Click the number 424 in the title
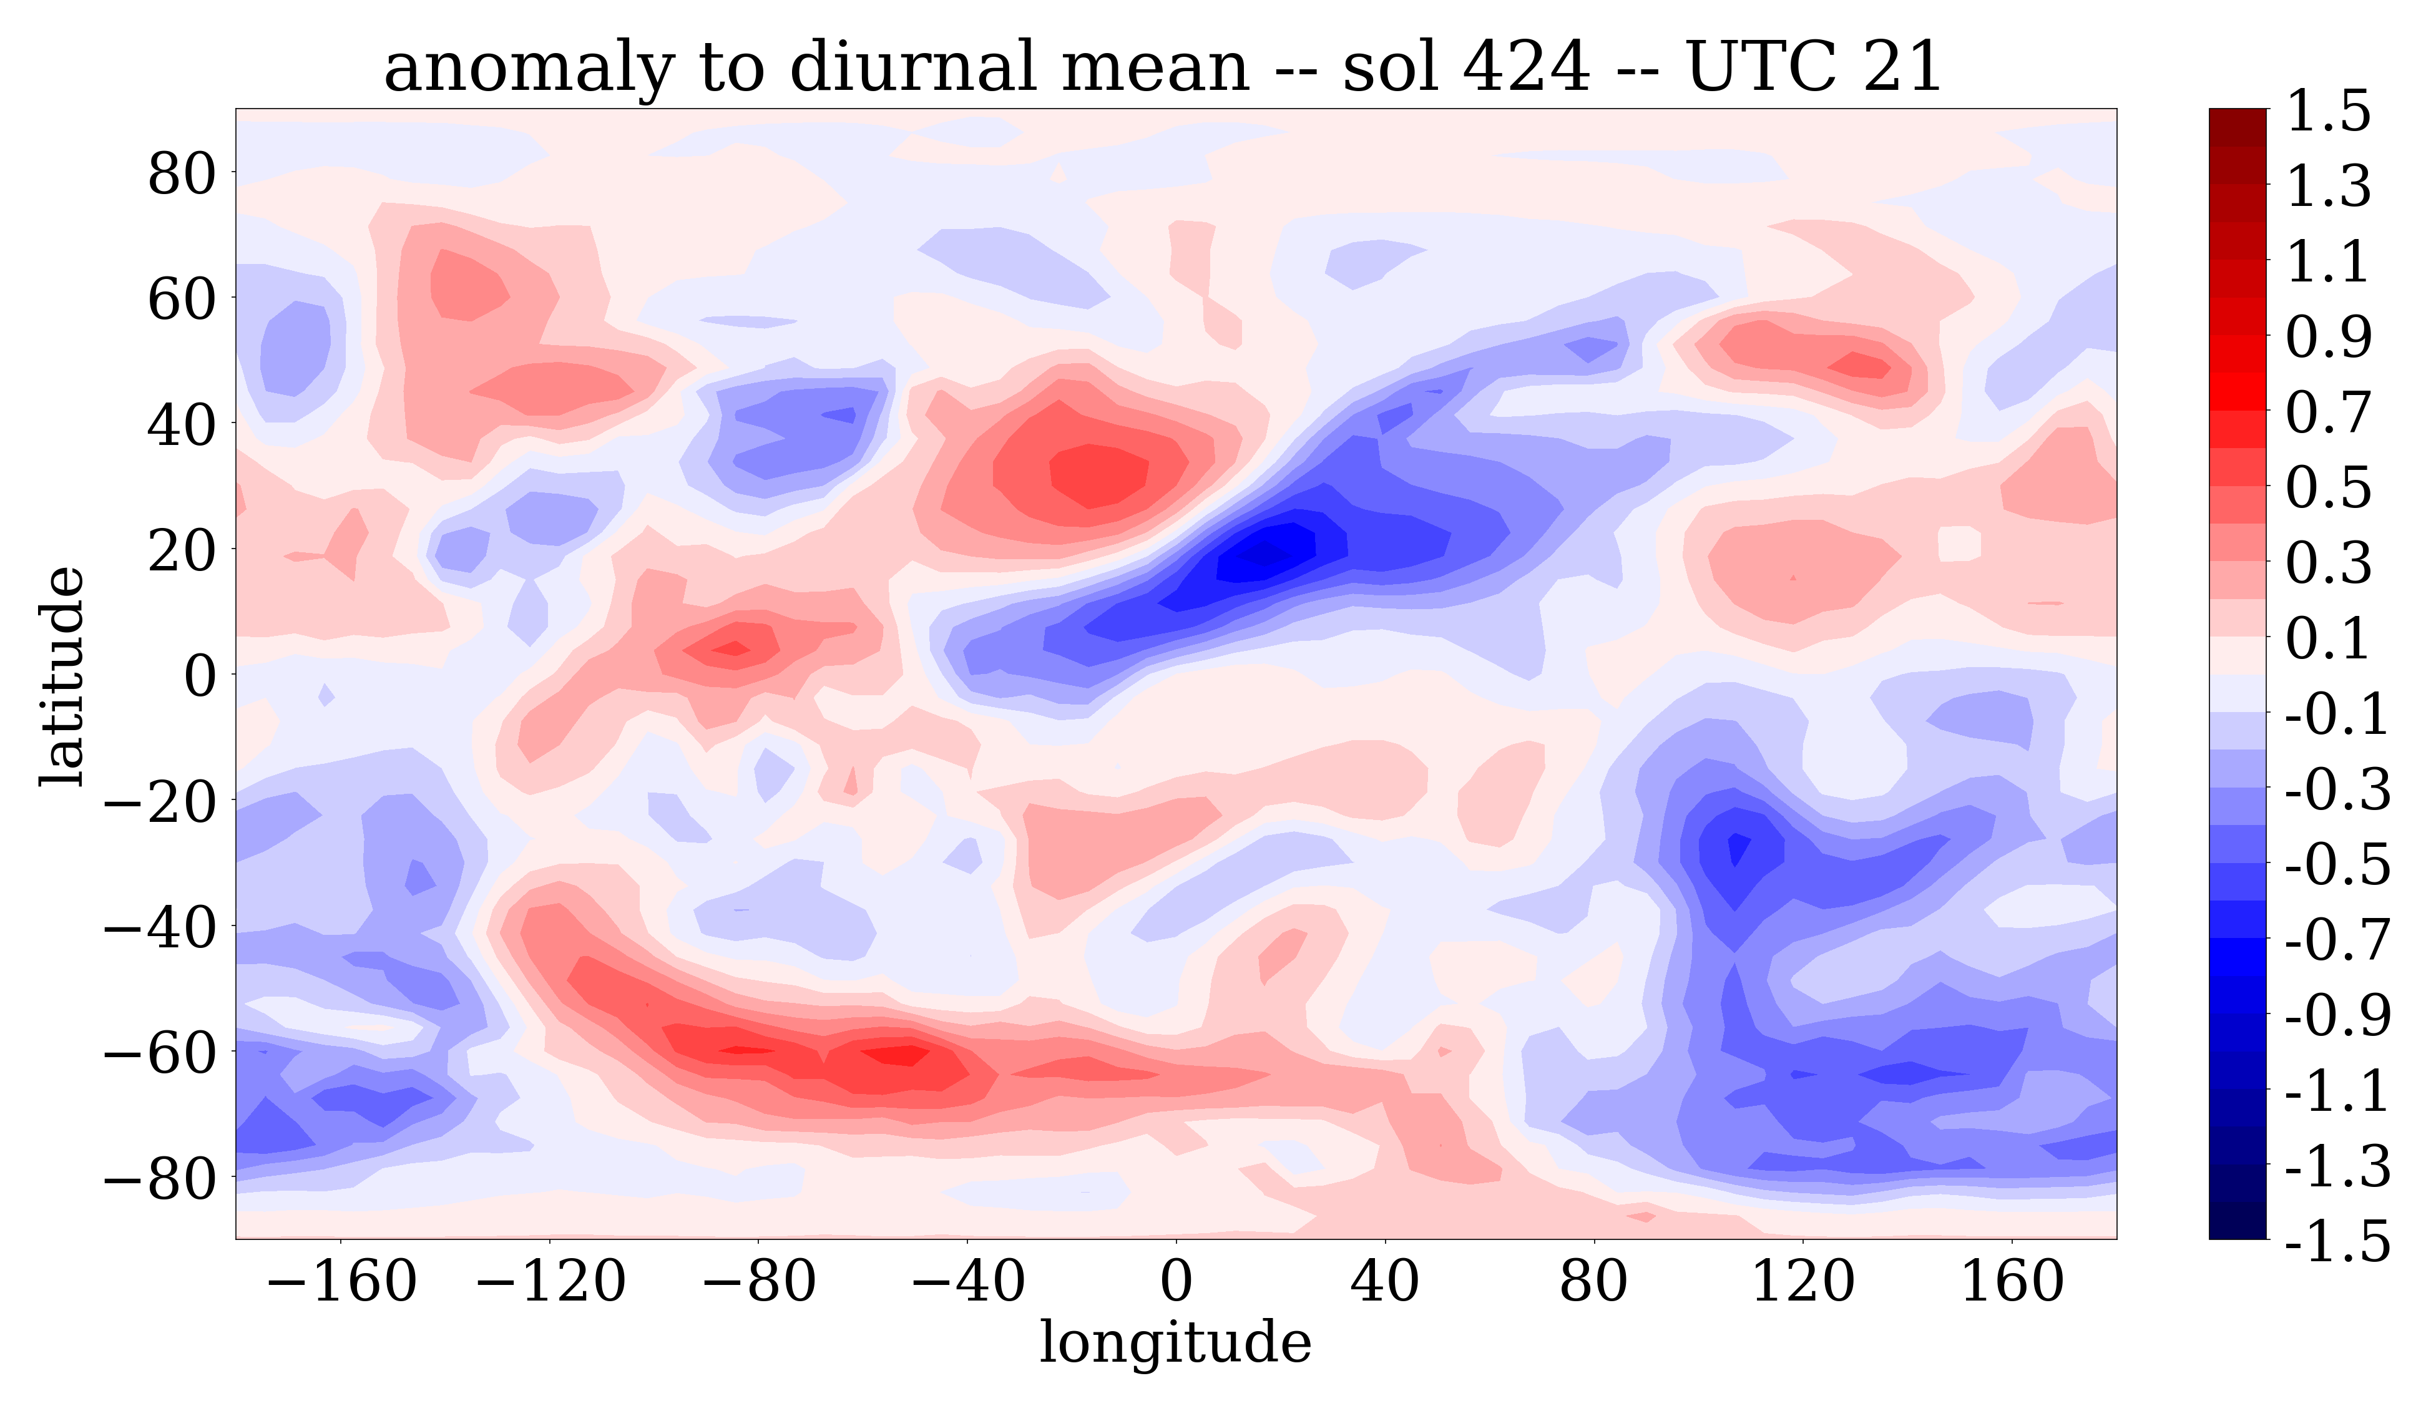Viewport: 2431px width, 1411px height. coord(1524,67)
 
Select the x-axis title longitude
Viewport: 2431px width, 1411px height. coord(1175,1342)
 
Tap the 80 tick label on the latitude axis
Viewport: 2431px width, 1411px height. coord(182,175)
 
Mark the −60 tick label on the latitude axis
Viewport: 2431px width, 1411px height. coord(163,1052)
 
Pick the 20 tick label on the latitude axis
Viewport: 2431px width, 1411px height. coord(182,552)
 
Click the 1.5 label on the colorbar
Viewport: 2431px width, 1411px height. coord(2328,112)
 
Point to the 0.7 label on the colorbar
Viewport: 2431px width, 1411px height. coord(2328,413)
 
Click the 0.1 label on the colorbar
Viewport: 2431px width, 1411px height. coord(2328,638)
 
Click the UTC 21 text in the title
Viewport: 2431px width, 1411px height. coord(1814,67)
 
